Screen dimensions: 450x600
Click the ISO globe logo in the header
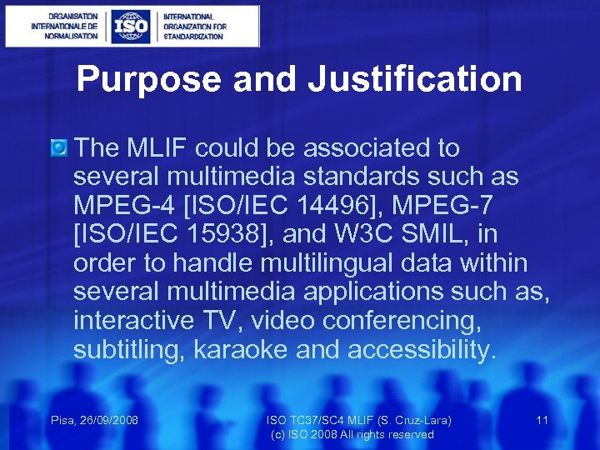131,26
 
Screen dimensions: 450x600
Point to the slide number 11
542,420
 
